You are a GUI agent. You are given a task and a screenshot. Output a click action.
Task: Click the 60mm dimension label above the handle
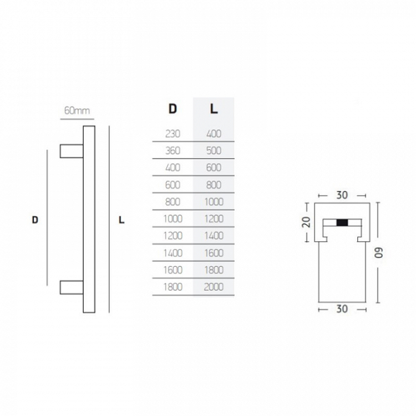[x=77, y=110]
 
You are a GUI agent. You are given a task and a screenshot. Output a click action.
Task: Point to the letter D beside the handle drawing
[x=35, y=220]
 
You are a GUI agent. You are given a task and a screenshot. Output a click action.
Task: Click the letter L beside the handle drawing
[x=121, y=220]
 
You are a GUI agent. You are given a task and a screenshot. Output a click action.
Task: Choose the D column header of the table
[x=173, y=109]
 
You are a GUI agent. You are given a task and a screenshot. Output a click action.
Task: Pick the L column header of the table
[x=213, y=109]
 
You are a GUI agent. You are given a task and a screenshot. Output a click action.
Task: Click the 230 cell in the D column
[x=173, y=133]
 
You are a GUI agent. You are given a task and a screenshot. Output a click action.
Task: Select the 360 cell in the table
[x=173, y=150]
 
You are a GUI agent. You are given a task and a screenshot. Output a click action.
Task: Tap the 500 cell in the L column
[x=213, y=150]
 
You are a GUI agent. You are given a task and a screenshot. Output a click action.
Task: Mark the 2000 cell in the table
[x=213, y=287]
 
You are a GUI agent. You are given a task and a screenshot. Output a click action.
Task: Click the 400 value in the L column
[x=213, y=133]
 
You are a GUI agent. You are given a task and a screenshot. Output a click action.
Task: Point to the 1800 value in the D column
[x=173, y=287]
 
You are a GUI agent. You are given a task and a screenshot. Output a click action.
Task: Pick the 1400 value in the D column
[x=173, y=253]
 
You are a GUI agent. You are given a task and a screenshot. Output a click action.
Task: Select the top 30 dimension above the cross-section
[x=342, y=195]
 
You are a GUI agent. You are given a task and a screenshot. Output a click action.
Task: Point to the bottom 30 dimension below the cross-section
[x=342, y=309]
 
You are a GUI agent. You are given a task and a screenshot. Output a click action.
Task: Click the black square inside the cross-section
[x=342, y=223]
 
